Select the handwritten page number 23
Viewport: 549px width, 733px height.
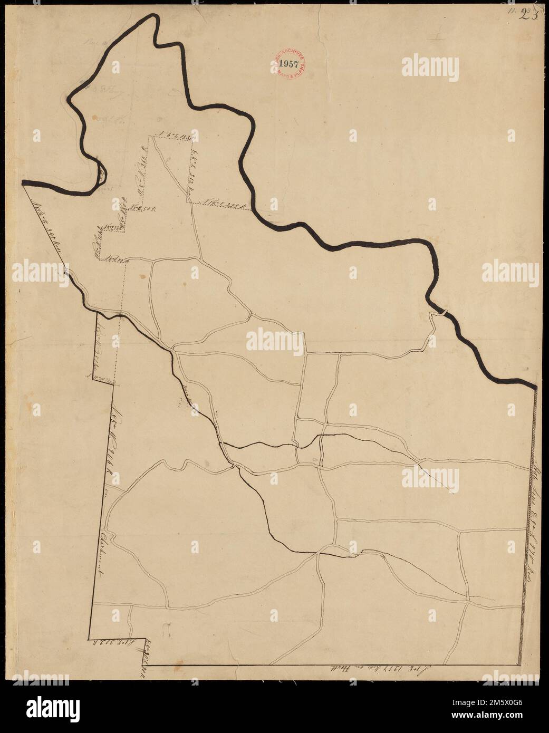[528, 14]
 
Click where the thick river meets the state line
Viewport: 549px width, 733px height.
[535, 388]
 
